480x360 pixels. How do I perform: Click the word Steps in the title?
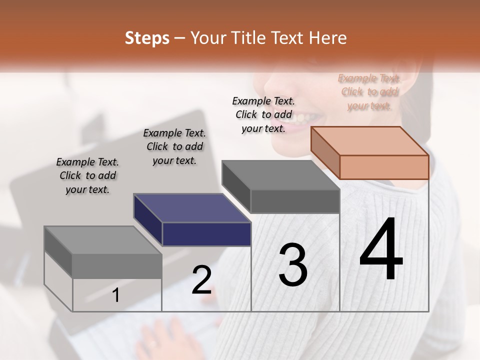(x=147, y=38)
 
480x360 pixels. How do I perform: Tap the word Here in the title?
(x=328, y=38)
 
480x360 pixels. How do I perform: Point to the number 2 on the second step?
(x=201, y=280)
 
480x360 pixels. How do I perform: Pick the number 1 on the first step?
(x=116, y=295)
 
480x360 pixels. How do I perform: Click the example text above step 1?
(x=87, y=176)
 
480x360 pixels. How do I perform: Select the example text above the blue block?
(x=174, y=146)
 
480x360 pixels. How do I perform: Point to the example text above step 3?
(x=263, y=114)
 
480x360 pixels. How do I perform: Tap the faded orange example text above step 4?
(x=369, y=92)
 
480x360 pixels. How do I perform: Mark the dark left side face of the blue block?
(x=148, y=219)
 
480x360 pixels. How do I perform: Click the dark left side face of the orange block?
(x=325, y=152)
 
